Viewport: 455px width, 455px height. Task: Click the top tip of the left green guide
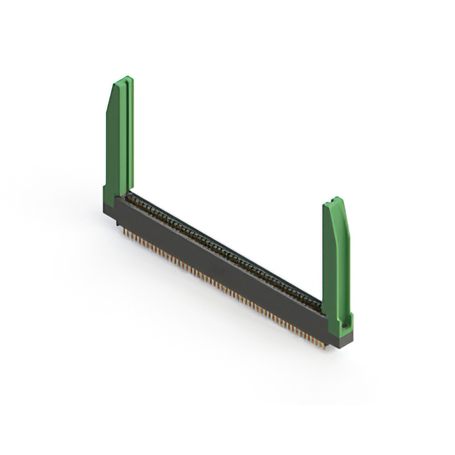point(124,77)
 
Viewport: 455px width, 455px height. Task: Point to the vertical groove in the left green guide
point(125,135)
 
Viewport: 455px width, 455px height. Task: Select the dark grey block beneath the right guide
point(340,340)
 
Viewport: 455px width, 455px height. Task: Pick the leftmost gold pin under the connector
point(122,230)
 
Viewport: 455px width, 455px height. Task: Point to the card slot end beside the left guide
point(132,196)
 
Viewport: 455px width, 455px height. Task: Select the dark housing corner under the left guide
point(111,210)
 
